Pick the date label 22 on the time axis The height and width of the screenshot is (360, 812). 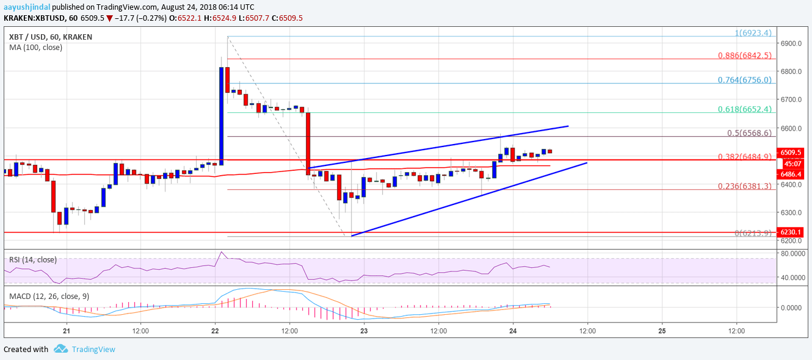[x=215, y=330]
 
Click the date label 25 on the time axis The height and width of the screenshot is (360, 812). [x=662, y=330]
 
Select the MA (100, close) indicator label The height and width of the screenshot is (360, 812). [x=36, y=47]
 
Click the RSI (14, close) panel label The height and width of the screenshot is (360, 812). [x=33, y=260]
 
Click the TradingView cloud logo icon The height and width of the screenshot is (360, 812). [x=60, y=349]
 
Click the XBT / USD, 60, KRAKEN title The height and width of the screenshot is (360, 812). [x=51, y=37]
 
